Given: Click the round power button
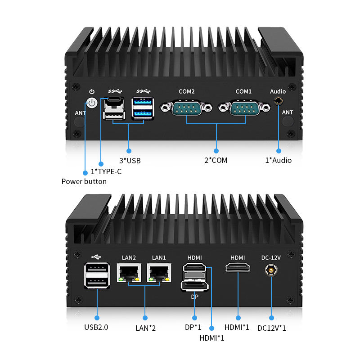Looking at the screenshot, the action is (x=92, y=103).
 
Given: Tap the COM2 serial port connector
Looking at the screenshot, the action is (x=186, y=108).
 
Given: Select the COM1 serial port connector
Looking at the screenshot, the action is (x=243, y=108).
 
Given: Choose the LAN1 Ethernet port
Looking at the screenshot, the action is (x=158, y=272).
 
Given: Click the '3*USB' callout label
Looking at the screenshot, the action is (x=130, y=160).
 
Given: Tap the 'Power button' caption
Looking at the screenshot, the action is (x=84, y=182).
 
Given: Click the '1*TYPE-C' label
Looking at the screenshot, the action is (x=106, y=171).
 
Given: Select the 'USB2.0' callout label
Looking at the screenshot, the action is (x=96, y=327).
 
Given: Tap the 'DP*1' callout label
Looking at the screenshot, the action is (x=193, y=327).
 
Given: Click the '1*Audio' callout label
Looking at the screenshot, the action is (x=278, y=160).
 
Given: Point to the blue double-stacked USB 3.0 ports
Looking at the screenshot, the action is (x=142, y=108).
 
